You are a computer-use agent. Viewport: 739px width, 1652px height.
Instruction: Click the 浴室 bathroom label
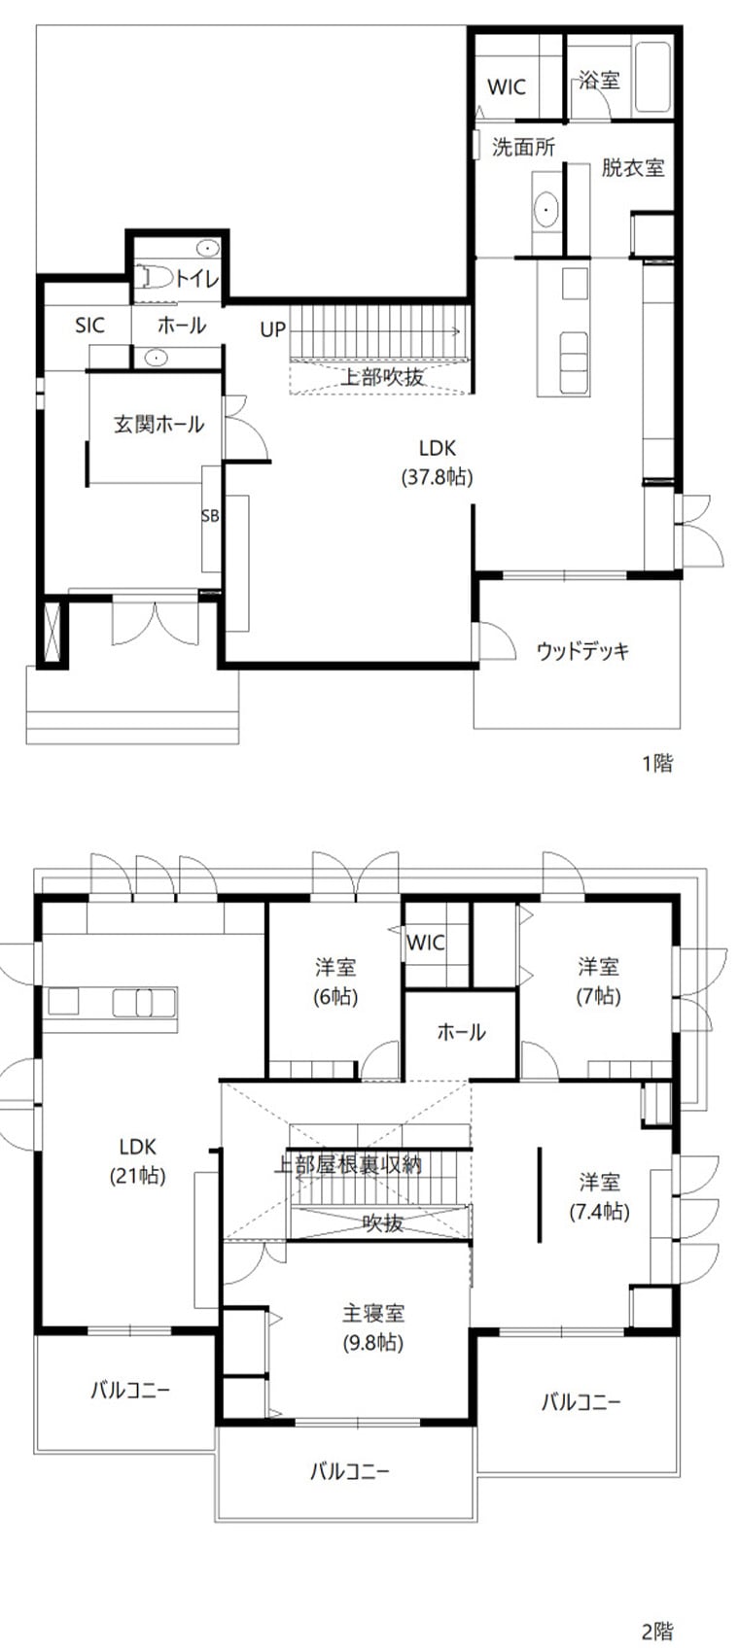599,80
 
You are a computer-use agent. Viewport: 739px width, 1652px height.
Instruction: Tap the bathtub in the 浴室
652,78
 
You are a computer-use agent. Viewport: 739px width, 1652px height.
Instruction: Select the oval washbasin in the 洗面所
545,210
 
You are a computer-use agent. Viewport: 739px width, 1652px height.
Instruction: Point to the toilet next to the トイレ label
155,277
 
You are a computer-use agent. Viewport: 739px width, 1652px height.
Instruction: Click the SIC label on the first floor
90,326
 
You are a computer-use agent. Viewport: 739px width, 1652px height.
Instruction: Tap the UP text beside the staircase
272,329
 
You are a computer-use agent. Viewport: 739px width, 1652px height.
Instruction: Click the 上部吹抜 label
382,377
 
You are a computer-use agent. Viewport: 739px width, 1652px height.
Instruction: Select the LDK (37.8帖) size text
437,477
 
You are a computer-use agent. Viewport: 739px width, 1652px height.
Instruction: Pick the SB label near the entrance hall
210,516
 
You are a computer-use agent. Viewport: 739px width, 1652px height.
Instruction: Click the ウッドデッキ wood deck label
583,651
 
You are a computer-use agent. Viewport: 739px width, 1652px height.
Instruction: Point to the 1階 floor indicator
657,763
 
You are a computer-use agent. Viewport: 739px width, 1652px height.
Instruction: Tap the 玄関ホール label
158,424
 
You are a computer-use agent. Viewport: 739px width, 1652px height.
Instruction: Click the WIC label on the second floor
426,943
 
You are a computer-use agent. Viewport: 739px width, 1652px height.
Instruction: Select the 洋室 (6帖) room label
335,981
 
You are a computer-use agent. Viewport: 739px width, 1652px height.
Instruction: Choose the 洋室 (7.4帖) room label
600,1196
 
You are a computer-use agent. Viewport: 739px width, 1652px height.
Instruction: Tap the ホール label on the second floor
462,1032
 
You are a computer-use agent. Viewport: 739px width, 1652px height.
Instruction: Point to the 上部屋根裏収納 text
348,1164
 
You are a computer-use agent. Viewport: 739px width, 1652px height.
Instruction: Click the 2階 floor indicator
657,1631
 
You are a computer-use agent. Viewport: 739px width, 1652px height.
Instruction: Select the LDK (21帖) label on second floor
138,1160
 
